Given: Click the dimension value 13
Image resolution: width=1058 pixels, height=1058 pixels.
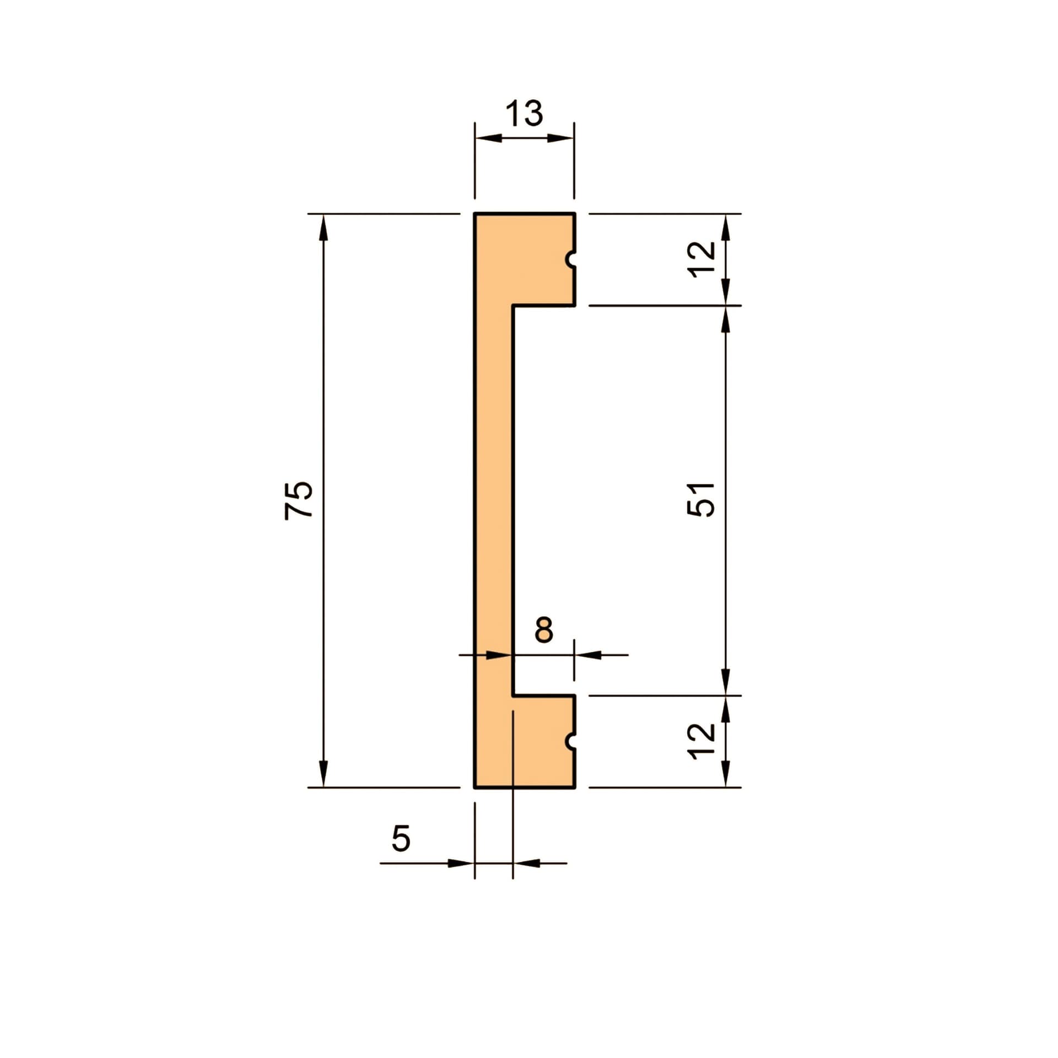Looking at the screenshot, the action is click(x=524, y=114).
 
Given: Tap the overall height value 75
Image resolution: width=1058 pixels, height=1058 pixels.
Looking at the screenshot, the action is click(x=299, y=500).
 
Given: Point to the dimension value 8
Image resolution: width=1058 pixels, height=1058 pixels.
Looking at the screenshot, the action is click(x=544, y=630).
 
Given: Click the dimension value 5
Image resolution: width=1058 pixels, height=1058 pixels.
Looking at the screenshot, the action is click(x=401, y=839).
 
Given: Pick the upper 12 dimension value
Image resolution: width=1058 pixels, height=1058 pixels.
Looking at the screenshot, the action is click(x=703, y=257).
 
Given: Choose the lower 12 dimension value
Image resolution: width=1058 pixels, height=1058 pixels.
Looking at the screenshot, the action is click(x=703, y=742).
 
